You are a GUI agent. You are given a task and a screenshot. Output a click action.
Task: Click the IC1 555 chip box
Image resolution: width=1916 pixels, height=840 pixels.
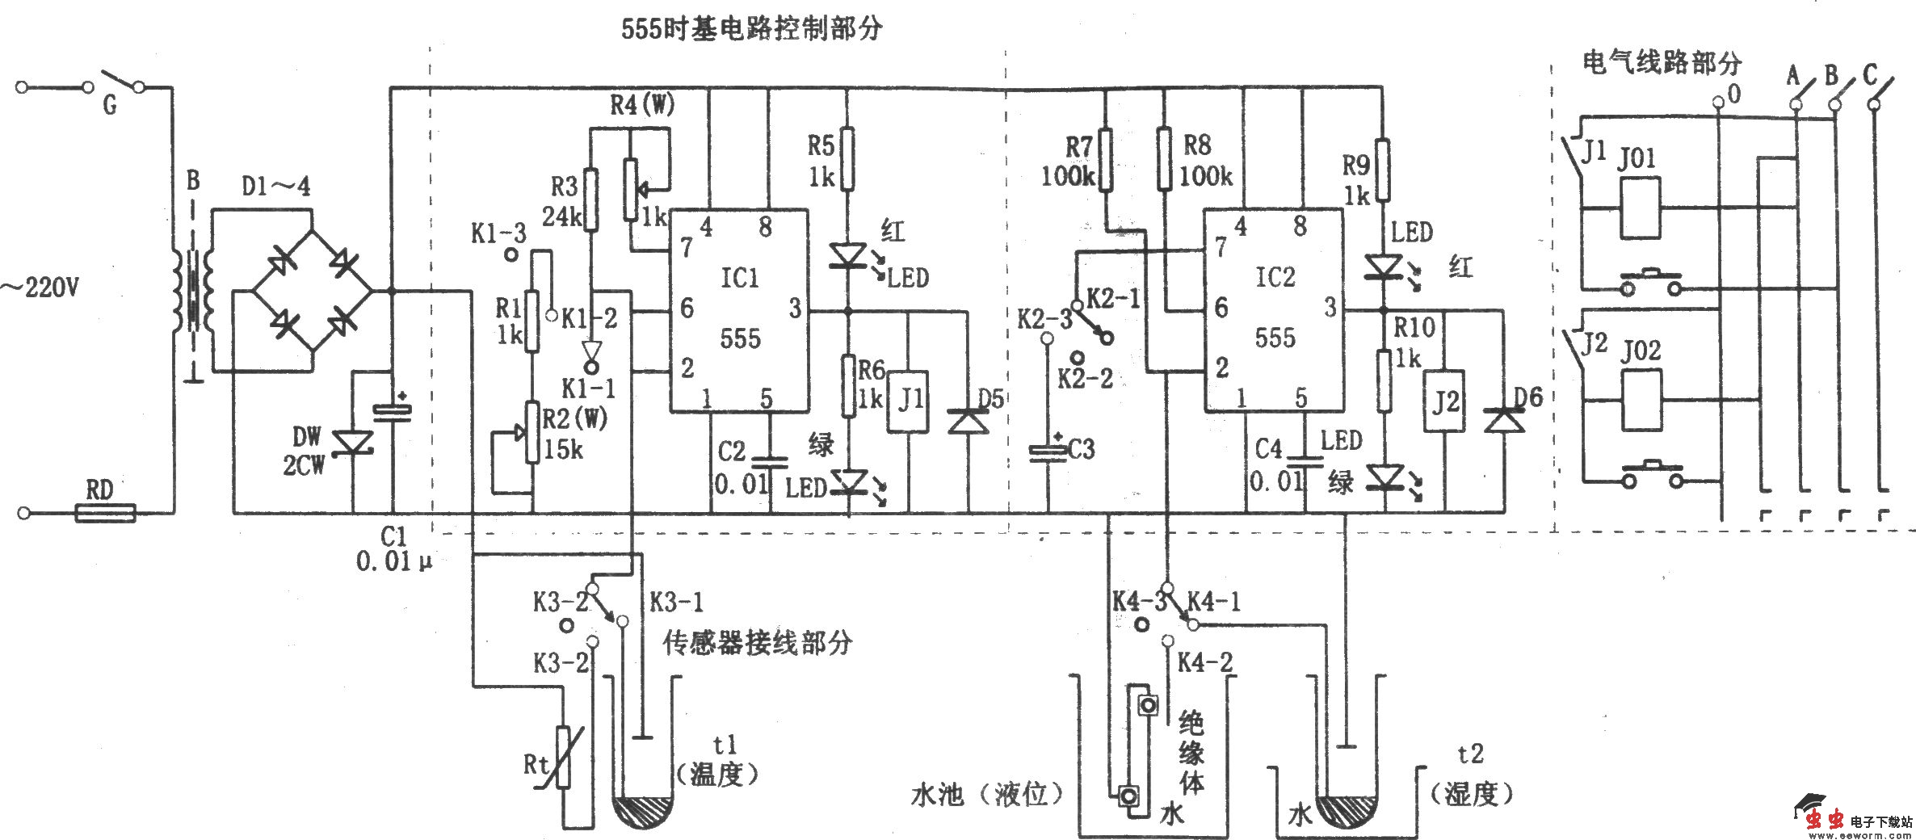[738, 311]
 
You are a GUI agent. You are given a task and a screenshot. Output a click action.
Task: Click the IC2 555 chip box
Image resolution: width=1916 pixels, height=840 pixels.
[1274, 311]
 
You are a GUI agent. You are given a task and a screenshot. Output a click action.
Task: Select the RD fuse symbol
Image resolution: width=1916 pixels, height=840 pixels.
[105, 512]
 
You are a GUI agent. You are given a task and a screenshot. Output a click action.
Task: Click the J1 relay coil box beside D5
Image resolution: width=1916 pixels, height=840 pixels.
[910, 401]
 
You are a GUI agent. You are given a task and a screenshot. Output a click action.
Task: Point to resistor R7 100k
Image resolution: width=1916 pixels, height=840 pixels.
[1105, 160]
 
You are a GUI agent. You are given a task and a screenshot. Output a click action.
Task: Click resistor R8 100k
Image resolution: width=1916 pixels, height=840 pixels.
[1164, 160]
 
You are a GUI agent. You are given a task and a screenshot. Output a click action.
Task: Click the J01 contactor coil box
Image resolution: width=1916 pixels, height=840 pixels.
[1640, 208]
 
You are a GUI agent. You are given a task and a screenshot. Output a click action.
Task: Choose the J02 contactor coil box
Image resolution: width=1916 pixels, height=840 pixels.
[1641, 401]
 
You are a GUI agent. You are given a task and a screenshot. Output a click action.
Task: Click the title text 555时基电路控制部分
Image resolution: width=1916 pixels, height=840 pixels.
[750, 30]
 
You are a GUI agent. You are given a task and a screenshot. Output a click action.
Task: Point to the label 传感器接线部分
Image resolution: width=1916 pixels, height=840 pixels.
[757, 643]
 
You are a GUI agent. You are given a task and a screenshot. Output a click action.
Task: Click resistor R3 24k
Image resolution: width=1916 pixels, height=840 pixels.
[590, 199]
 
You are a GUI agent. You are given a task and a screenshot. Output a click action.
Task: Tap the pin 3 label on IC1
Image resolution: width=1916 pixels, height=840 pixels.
[796, 308]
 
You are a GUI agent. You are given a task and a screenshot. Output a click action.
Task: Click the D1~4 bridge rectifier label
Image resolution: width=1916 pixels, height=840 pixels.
[276, 187]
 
